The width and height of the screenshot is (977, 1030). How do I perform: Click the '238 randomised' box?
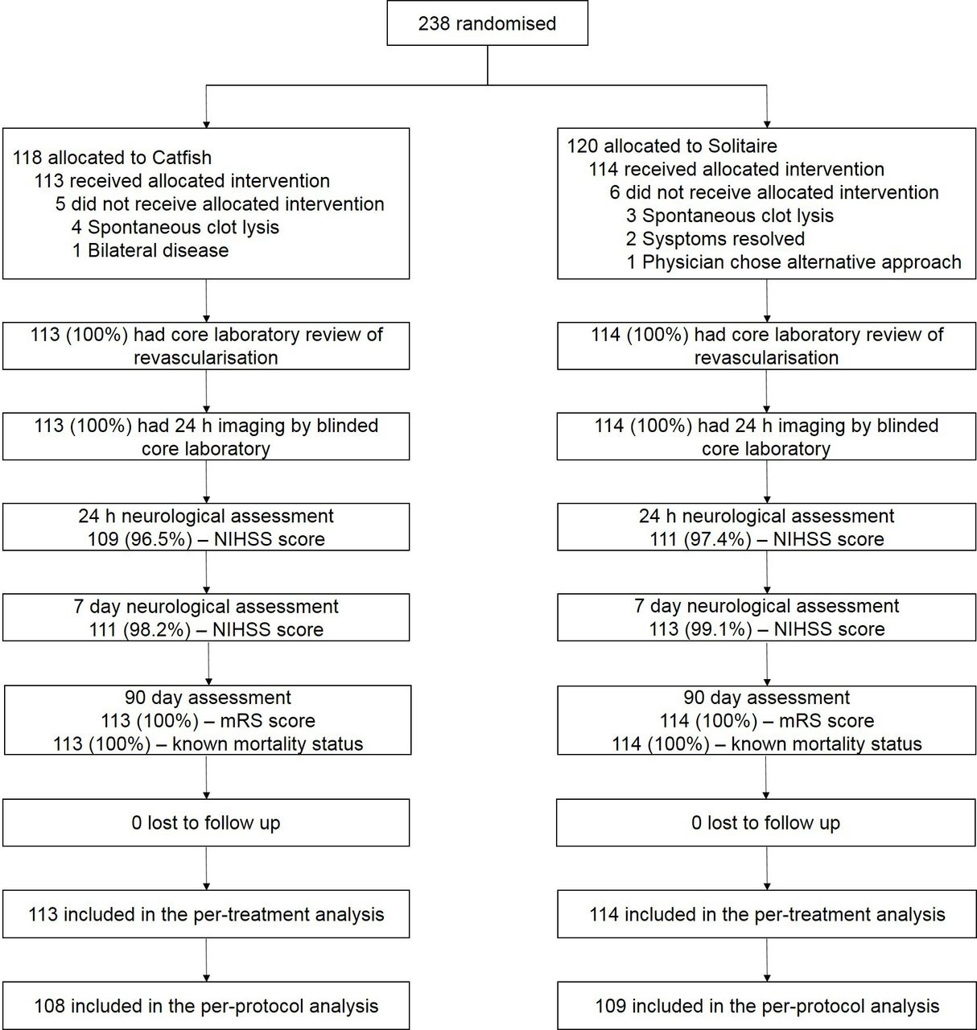(487, 23)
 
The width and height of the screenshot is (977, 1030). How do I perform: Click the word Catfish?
(181, 157)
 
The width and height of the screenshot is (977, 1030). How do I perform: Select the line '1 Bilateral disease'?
(150, 250)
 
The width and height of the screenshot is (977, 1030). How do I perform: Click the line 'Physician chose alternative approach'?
(802, 262)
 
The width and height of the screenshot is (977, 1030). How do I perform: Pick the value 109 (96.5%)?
(140, 538)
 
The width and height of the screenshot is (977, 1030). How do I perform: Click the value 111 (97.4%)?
(701, 538)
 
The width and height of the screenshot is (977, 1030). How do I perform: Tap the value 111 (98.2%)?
(140, 628)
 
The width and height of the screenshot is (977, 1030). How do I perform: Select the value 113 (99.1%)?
(701, 628)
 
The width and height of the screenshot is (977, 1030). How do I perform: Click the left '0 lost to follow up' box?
(206, 822)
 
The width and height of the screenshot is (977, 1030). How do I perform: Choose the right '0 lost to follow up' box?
(766, 822)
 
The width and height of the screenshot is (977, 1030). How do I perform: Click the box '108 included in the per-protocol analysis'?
(206, 1006)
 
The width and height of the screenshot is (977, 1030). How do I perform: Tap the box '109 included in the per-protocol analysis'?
(766, 1006)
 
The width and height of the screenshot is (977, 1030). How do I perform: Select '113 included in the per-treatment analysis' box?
(206, 914)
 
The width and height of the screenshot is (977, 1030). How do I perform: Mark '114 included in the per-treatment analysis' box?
(766, 914)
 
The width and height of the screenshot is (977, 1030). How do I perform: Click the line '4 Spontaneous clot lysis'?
(175, 227)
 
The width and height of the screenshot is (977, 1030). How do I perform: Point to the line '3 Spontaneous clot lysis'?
(730, 216)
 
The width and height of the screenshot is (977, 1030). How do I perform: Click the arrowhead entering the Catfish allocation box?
(206, 125)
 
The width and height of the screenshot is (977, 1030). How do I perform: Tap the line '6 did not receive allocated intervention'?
(773, 192)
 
